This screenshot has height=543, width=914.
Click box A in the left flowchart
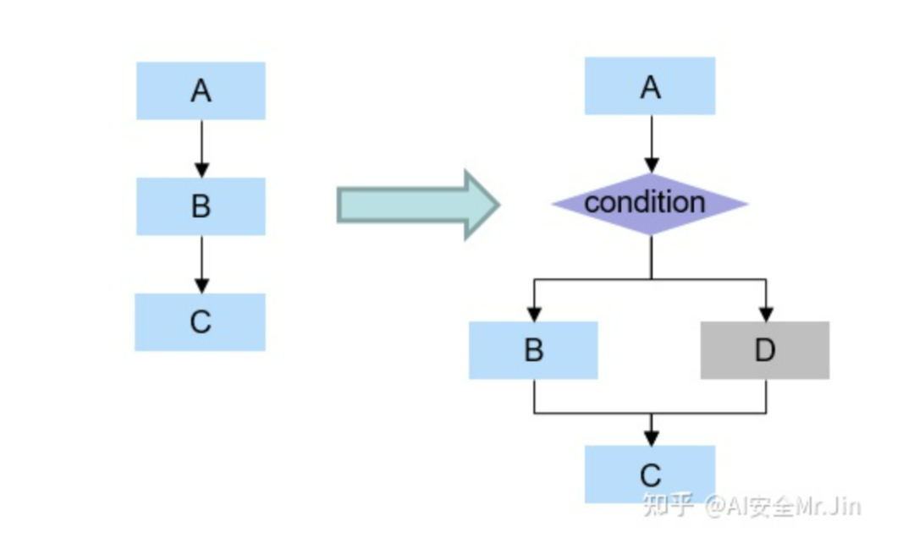(x=201, y=90)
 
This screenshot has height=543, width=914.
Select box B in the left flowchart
(x=201, y=206)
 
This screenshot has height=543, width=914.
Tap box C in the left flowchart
(x=201, y=322)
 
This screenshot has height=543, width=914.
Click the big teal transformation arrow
(x=415, y=204)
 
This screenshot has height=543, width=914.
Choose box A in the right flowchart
(x=650, y=86)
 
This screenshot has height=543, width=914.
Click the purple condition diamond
(x=650, y=204)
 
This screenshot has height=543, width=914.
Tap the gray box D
(x=765, y=350)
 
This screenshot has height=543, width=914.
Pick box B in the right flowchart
(x=534, y=350)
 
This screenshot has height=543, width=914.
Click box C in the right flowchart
(x=650, y=474)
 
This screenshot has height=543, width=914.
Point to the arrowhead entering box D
(x=765, y=314)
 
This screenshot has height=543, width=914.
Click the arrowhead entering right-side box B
(x=534, y=314)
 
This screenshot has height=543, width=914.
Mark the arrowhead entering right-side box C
(x=650, y=438)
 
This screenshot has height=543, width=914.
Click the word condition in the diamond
(x=645, y=202)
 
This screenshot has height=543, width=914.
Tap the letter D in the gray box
(x=765, y=350)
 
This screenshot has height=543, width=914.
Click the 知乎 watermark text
(x=669, y=505)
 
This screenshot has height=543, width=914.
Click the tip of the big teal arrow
(x=498, y=204)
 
